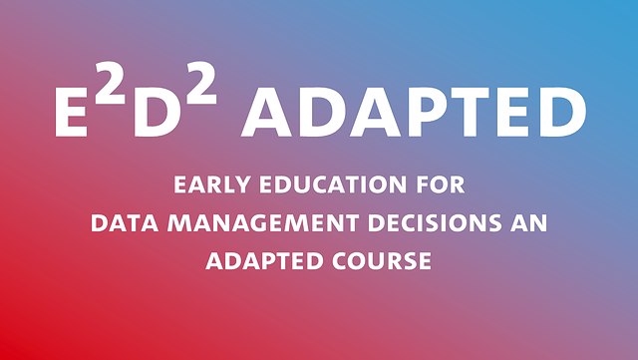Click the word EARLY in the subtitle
(208, 184)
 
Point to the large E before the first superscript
(71, 114)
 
